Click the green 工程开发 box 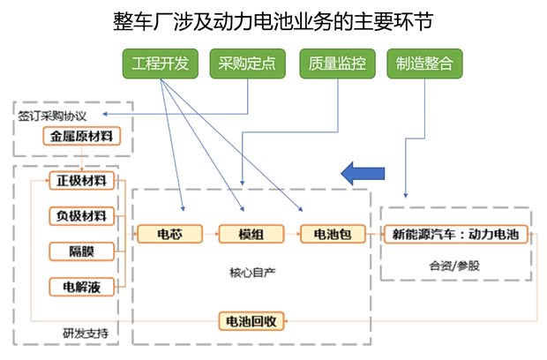[160, 64]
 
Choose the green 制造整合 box [424, 64]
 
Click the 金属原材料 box [80, 137]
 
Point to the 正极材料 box [81, 181]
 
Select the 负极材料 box [81, 216]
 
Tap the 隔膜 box [81, 251]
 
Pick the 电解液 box [81, 287]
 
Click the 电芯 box [169, 234]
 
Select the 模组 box [249, 234]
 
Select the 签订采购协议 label [52, 115]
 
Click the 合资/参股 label [454, 265]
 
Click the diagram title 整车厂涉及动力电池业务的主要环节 [273, 19]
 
